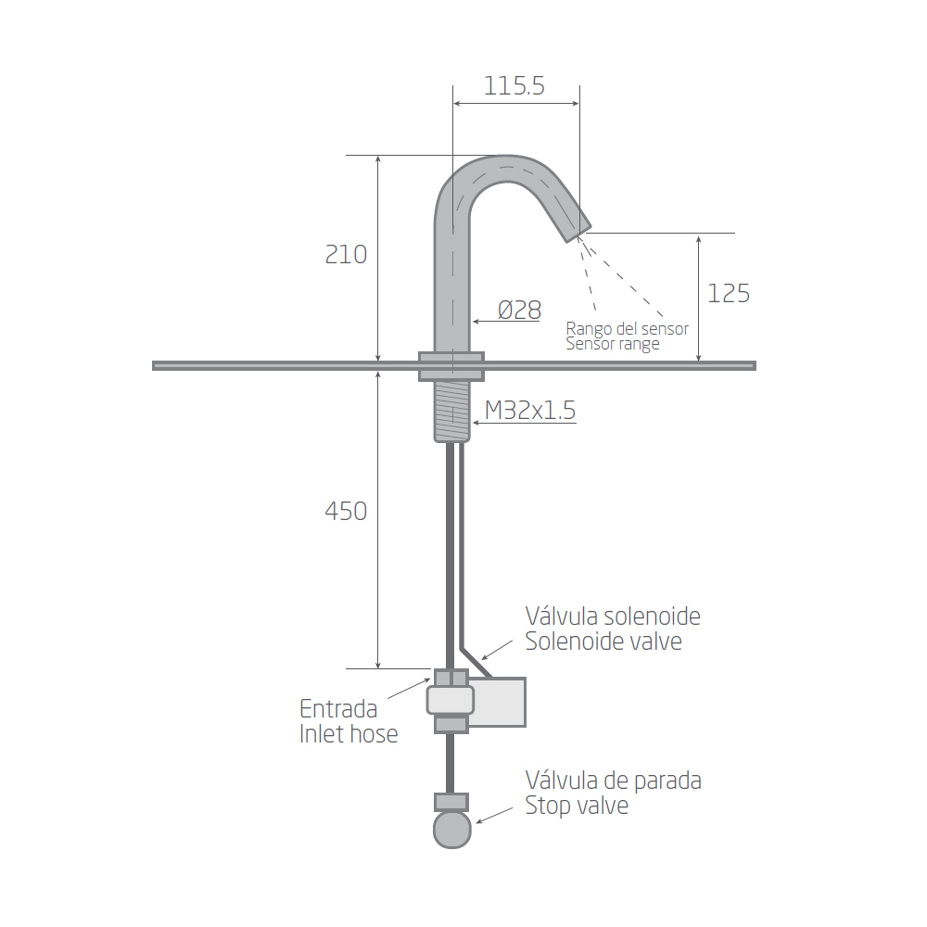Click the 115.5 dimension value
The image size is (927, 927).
[x=514, y=86]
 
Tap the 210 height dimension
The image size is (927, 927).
[x=346, y=255]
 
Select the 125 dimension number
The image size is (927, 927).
[x=729, y=294]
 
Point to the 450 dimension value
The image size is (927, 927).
[x=346, y=512]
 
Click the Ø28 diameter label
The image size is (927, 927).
[x=520, y=311]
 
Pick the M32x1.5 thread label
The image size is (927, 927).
[x=530, y=411]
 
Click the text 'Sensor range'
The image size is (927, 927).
[x=613, y=345]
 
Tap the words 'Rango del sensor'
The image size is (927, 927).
[x=628, y=329]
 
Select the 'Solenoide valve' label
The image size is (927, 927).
[x=603, y=641]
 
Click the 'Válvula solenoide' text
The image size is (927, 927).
[x=613, y=616]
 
